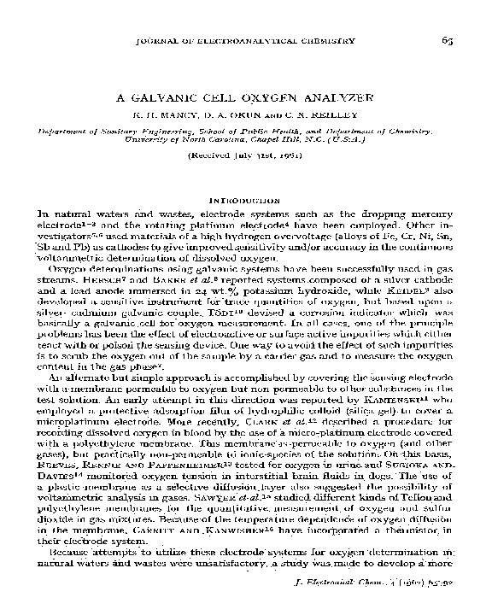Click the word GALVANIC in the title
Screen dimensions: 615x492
click(184, 98)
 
